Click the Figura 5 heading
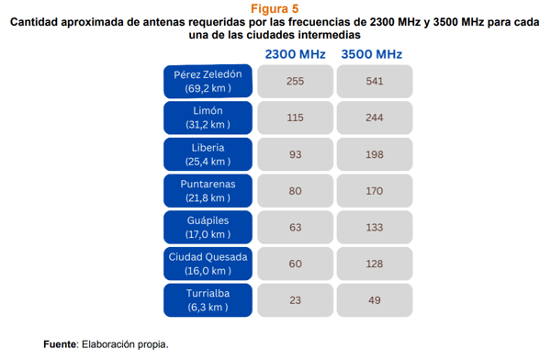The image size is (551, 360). (275, 9)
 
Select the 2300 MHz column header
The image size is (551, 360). (295, 54)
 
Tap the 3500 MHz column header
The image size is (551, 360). (371, 54)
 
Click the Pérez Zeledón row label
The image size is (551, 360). (208, 81)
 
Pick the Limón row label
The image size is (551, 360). (208, 118)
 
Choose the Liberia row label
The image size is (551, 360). (208, 154)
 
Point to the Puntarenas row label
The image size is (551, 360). (208, 191)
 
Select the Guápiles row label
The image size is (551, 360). (208, 227)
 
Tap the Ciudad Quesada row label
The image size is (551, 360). (208, 264)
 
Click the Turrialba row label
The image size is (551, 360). (208, 300)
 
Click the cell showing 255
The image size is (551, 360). (295, 81)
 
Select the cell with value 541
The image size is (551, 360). (375, 81)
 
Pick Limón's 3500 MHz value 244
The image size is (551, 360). (375, 118)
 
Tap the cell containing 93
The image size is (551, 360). (295, 154)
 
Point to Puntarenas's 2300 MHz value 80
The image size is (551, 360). (295, 191)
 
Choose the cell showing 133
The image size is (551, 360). (375, 227)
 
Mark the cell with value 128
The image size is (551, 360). (375, 264)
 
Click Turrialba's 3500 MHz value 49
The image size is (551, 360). (375, 300)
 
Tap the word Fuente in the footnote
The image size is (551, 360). (60, 344)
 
